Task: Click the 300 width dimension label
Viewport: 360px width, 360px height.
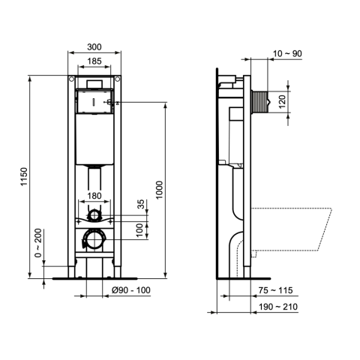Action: point(94,47)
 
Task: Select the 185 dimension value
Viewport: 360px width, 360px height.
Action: point(94,61)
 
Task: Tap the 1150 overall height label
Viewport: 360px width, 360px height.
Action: point(24,177)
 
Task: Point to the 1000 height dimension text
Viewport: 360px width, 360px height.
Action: point(159,190)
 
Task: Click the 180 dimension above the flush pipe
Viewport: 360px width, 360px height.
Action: point(94,196)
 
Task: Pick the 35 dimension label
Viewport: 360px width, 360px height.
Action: point(141,204)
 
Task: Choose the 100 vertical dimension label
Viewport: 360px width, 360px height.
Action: point(141,230)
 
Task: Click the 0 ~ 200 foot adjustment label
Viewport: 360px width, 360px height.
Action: point(38,243)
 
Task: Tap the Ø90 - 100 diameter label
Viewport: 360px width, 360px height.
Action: point(131,290)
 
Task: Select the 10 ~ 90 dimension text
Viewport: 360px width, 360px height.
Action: point(287,53)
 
